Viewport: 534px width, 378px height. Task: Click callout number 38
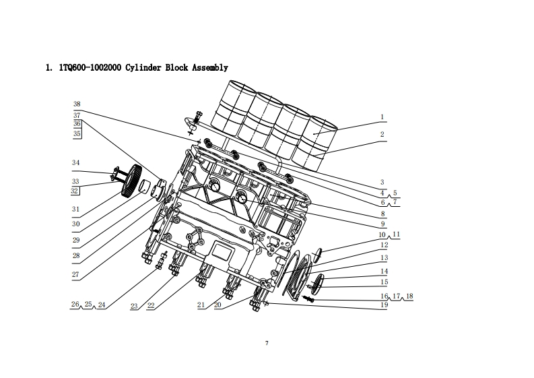(x=77, y=104)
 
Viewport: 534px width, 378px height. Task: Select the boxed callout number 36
(x=77, y=124)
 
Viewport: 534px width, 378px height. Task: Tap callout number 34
(x=75, y=162)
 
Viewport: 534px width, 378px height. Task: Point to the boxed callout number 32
(x=75, y=191)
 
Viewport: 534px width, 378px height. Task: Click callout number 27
(x=75, y=274)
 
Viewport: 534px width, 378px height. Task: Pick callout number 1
(x=382, y=117)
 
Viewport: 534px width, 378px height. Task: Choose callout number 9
(x=382, y=224)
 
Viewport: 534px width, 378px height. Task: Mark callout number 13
(x=384, y=257)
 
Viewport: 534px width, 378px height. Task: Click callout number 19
(x=384, y=305)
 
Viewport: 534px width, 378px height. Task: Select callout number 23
(x=134, y=306)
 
